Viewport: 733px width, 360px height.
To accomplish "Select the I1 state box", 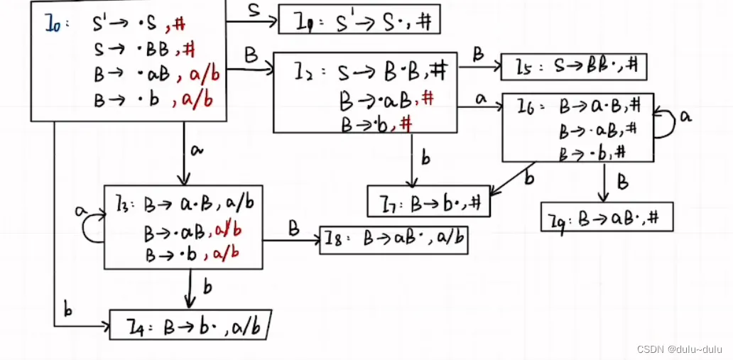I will point(359,20).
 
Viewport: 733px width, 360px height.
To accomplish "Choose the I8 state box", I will point(394,240).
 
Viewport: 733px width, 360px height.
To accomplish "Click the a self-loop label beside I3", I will point(81,210).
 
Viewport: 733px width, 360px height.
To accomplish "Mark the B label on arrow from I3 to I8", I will point(293,229).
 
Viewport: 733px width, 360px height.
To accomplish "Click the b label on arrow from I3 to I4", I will point(207,287).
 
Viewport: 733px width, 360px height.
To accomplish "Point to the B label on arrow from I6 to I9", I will point(623,182).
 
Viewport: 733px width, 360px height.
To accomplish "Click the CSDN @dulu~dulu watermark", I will point(679,349).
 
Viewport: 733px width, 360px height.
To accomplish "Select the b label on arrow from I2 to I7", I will point(425,158).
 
